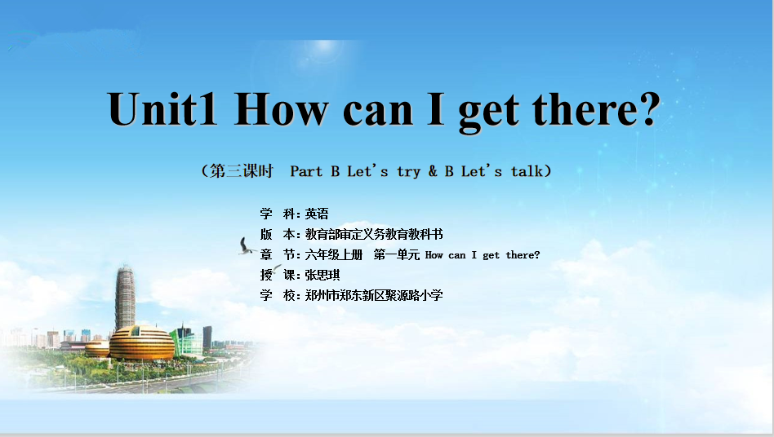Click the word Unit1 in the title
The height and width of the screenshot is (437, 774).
[x=162, y=109]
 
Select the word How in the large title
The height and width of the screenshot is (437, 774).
[x=282, y=109]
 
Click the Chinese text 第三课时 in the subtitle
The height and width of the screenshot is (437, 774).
[x=242, y=171]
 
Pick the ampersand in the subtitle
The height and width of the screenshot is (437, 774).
[x=433, y=171]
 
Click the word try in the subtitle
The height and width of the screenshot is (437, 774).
[x=409, y=172]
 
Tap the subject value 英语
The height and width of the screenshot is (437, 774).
[x=317, y=214]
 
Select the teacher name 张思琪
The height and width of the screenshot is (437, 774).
[x=322, y=275]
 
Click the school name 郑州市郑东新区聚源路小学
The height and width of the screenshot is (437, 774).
[x=374, y=295]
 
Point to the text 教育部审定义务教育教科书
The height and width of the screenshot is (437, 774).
[x=374, y=234]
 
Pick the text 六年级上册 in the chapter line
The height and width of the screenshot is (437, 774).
[x=334, y=254]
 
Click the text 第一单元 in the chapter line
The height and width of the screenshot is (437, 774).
[x=396, y=254]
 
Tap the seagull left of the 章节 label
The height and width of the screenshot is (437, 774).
[x=245, y=246]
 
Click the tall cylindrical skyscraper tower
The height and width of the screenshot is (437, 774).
[x=126, y=298]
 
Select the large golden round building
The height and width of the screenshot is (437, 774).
[x=142, y=342]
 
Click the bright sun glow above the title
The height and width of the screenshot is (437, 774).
[x=324, y=46]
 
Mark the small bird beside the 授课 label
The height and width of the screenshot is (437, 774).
[x=276, y=268]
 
